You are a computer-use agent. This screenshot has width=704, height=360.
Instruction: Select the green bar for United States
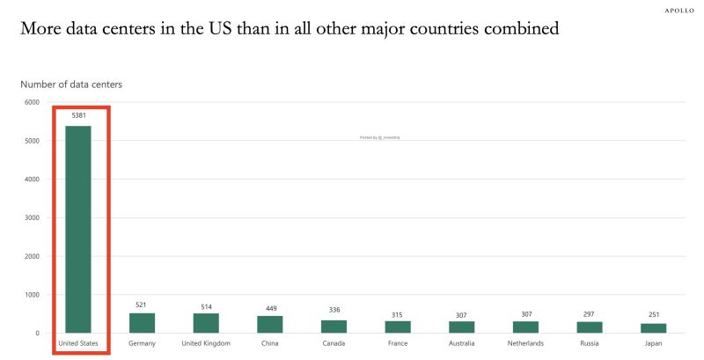[x=79, y=229]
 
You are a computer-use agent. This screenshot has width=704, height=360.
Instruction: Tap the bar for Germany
[x=142, y=323]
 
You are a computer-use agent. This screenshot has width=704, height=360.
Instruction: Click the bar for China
[x=269, y=324]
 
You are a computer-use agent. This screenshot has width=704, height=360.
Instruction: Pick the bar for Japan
[x=653, y=327]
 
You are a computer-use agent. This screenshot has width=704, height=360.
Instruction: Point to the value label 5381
[x=79, y=115]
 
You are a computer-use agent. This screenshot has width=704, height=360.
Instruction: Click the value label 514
[x=206, y=305]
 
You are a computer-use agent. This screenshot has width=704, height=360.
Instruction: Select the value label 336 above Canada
[x=334, y=310]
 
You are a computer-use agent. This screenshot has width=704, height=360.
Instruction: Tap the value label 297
[x=589, y=313]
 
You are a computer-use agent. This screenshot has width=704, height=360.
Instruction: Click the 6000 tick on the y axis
[x=32, y=102]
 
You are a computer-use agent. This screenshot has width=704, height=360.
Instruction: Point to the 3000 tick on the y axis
[x=32, y=217]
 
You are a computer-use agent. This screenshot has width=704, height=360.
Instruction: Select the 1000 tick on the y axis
[x=32, y=295]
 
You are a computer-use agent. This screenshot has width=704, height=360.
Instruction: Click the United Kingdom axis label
[x=206, y=343]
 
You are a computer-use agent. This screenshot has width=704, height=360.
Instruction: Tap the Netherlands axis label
[x=525, y=343]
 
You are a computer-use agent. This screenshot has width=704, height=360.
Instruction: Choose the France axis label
[x=397, y=343]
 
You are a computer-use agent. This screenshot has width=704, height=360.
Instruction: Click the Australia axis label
[x=461, y=343]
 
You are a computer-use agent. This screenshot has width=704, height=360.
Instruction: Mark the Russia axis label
[x=589, y=343]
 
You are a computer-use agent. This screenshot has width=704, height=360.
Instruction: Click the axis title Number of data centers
[x=71, y=84]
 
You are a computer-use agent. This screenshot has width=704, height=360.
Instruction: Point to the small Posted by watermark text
[x=379, y=137]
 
